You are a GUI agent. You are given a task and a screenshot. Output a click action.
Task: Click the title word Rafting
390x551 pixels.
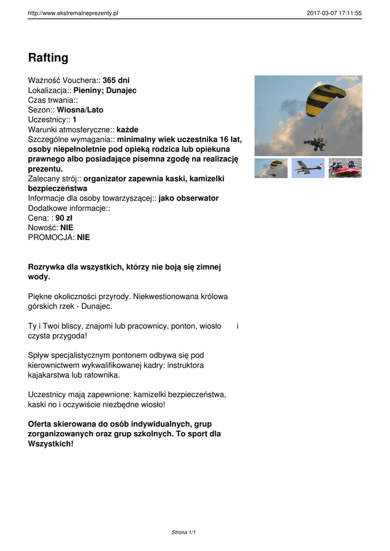48,58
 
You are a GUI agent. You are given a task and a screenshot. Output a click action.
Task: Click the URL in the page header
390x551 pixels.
73,13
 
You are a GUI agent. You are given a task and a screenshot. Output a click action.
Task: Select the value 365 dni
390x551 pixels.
116,81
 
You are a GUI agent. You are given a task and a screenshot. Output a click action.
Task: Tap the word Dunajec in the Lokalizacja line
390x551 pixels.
121,90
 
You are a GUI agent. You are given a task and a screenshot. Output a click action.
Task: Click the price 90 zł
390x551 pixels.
63,218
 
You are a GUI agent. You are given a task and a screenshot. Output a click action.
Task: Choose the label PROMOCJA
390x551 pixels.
51,237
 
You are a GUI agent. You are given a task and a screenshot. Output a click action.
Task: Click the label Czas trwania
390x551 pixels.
52,100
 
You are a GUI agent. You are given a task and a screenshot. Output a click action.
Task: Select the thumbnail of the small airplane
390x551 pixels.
308,168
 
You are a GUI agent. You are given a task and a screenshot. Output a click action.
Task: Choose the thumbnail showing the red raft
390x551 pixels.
345,168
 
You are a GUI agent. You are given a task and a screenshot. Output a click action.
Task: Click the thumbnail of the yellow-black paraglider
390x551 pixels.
271,168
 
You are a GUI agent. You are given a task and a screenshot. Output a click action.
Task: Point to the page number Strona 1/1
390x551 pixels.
183,532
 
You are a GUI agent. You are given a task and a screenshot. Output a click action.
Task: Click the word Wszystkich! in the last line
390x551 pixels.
51,444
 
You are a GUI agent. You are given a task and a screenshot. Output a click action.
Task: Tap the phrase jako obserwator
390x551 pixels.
188,198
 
